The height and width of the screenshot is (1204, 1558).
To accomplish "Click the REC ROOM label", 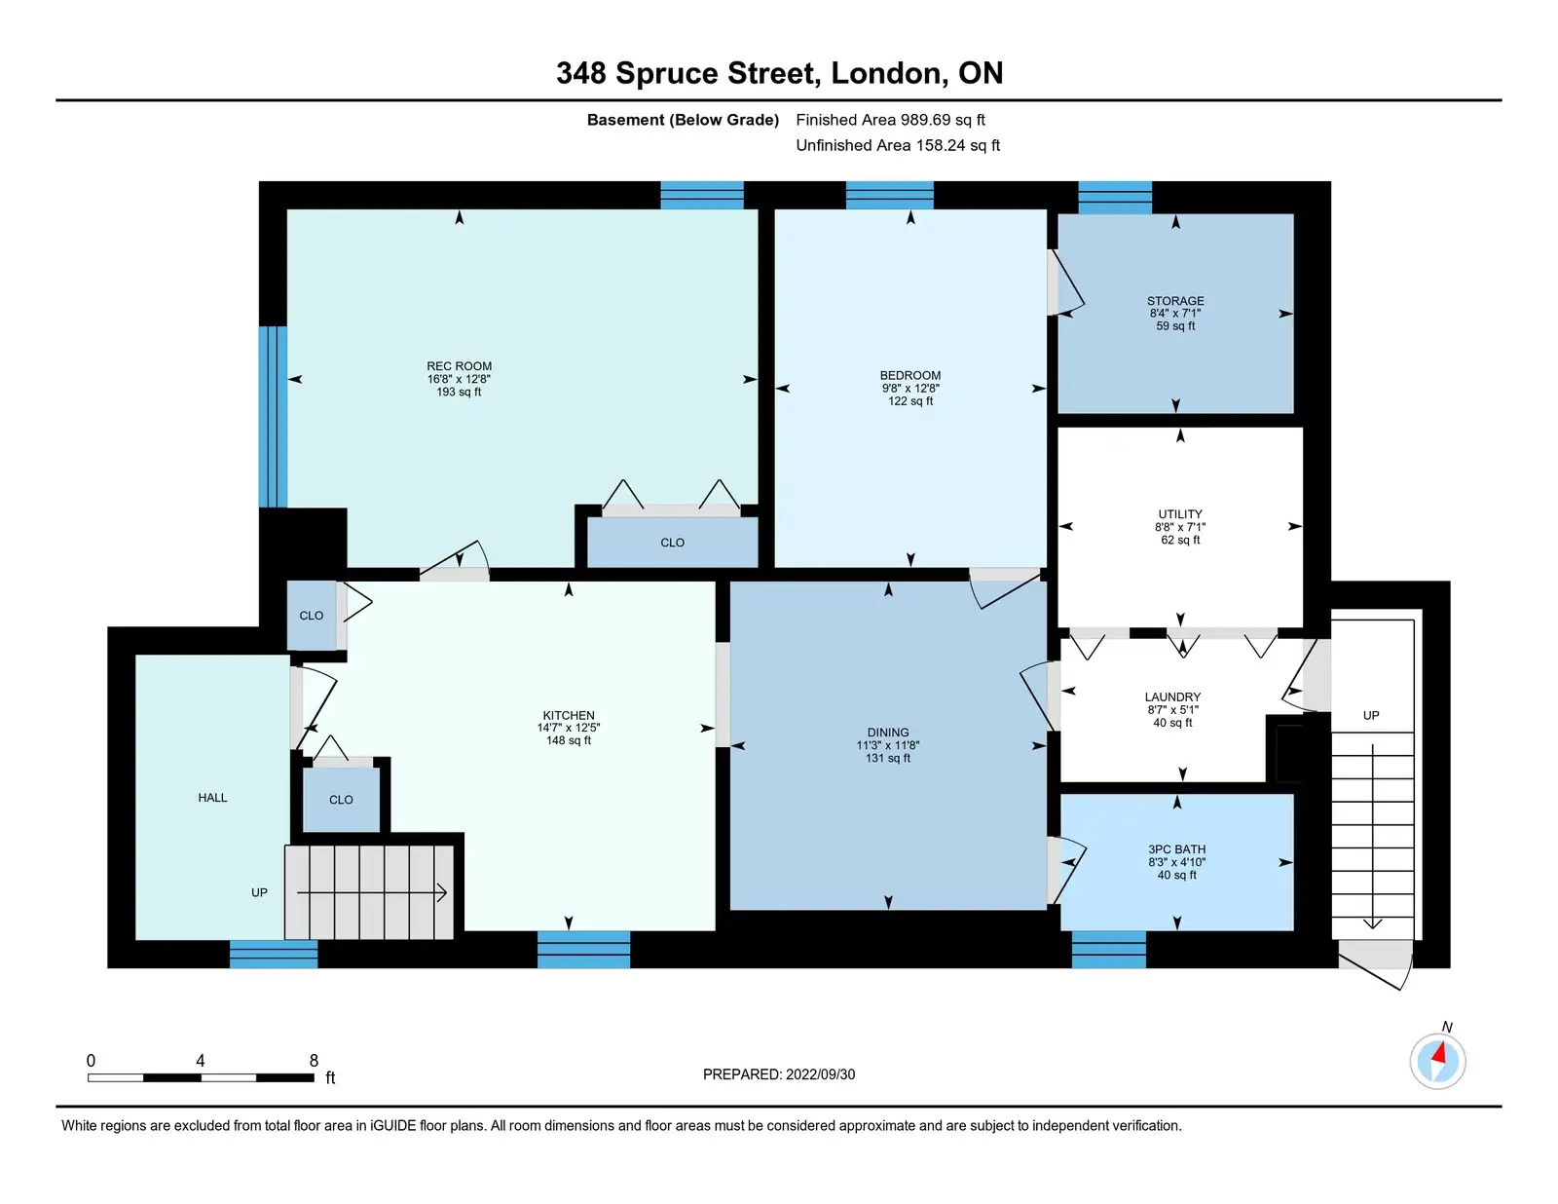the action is pyautogui.click(x=459, y=365).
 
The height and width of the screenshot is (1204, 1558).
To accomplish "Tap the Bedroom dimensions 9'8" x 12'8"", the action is pyautogui.click(x=909, y=388).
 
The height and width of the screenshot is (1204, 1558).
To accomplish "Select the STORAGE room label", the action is pyautogui.click(x=1175, y=300).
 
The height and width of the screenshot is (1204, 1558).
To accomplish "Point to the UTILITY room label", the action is pyautogui.click(x=1180, y=514).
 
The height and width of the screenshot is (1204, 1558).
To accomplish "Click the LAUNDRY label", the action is pyautogui.click(x=1172, y=696).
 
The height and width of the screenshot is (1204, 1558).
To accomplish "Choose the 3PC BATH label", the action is pyautogui.click(x=1176, y=849).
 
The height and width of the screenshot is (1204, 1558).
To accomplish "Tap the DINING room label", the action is pyautogui.click(x=888, y=733).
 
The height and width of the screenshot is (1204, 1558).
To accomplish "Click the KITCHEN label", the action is pyautogui.click(x=569, y=715).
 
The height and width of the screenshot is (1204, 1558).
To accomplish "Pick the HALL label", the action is pyautogui.click(x=212, y=798).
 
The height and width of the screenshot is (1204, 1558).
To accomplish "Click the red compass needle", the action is pyautogui.click(x=1438, y=1053).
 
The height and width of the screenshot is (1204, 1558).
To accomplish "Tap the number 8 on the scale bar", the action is pyautogui.click(x=314, y=1061).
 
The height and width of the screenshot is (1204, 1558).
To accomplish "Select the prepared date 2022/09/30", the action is pyautogui.click(x=820, y=1074).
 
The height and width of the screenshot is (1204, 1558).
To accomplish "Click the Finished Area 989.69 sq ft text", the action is pyautogui.click(x=890, y=120).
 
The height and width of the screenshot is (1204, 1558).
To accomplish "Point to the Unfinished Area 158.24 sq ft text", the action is pyautogui.click(x=898, y=145).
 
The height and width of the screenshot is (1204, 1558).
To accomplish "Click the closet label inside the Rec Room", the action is pyautogui.click(x=672, y=543).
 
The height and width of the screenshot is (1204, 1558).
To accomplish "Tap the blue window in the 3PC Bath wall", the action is pyautogui.click(x=1108, y=950).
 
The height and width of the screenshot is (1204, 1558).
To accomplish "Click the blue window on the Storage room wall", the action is pyautogui.click(x=1115, y=197).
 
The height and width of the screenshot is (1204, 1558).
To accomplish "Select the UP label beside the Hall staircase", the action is pyautogui.click(x=259, y=892).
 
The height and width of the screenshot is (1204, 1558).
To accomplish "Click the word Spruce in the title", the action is pyautogui.click(x=667, y=73).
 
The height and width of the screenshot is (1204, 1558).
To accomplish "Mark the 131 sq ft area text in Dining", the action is pyautogui.click(x=888, y=758).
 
